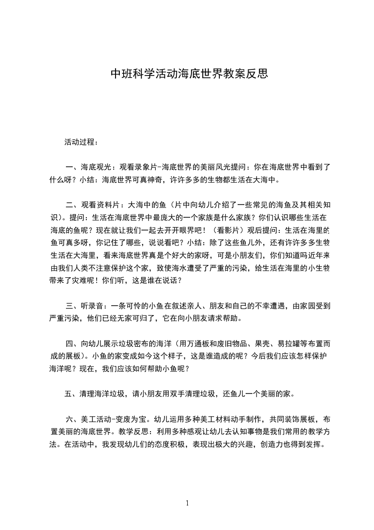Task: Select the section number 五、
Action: [x=71, y=393]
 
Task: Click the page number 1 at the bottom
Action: [x=188, y=503]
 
